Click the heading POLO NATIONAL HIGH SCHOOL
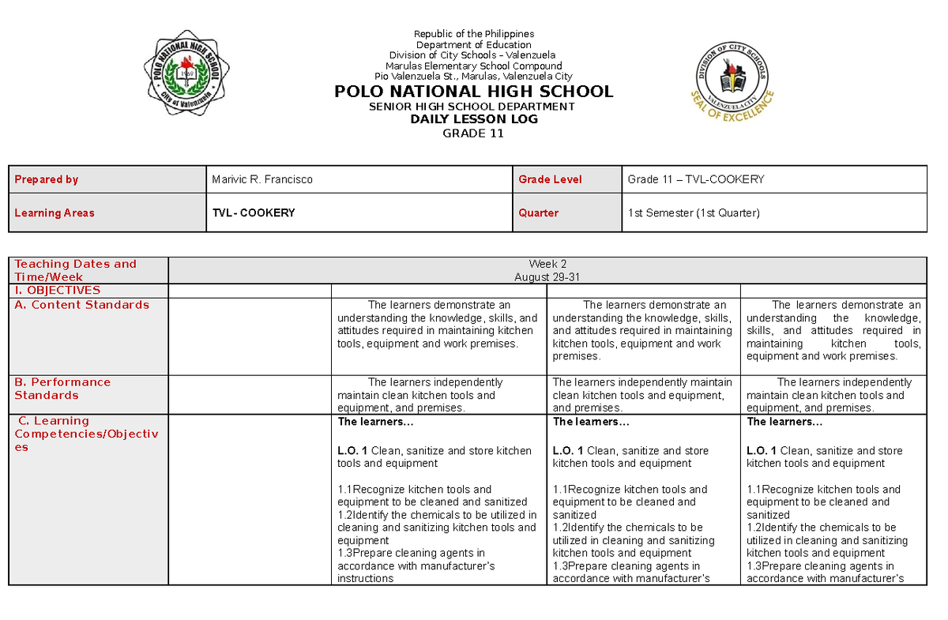point(474,92)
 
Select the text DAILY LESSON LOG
point(474,119)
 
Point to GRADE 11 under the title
point(474,133)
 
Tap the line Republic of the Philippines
point(474,34)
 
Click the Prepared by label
point(47,179)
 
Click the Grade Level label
point(550,179)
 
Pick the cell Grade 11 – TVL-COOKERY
point(696,179)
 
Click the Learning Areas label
point(55,212)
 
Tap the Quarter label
point(539,212)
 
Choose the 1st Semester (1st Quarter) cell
point(693,212)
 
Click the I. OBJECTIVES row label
point(58,291)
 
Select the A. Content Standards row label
point(82,305)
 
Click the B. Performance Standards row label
point(62,389)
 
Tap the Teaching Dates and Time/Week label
point(75,270)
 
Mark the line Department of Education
point(474,45)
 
